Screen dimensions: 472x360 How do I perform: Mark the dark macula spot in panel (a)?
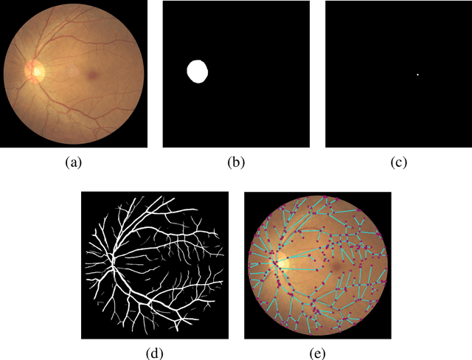(93, 74)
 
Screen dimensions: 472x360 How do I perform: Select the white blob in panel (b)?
(198, 72)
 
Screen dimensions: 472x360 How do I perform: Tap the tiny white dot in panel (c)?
(417, 75)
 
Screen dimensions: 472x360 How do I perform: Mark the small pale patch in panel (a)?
(72, 72)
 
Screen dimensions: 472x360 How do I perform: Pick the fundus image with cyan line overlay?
(318, 265)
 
